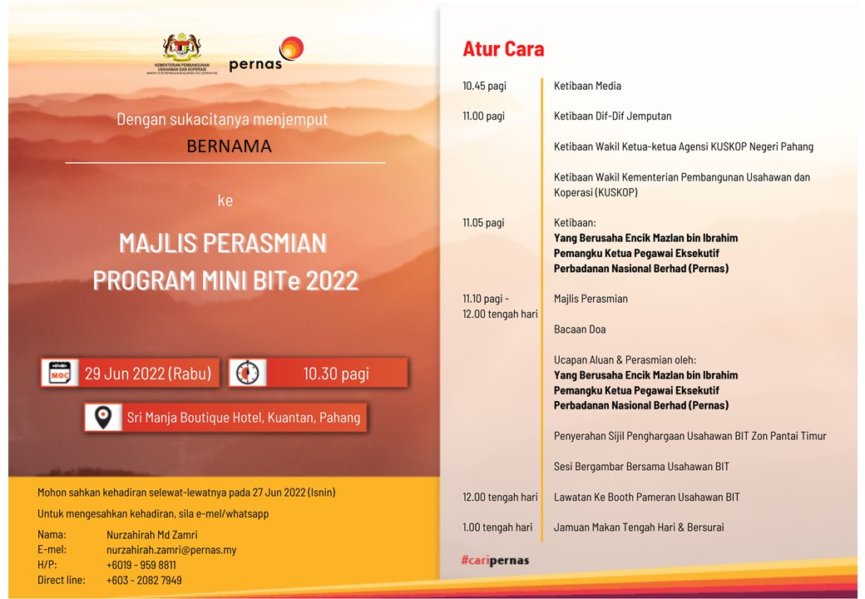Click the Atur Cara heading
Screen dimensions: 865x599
click(503, 49)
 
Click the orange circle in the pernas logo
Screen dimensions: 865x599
click(291, 48)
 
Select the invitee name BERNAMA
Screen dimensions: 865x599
click(229, 146)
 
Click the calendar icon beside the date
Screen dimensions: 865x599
click(60, 374)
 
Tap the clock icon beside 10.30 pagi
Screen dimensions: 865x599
click(248, 374)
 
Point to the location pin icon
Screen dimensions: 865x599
click(103, 418)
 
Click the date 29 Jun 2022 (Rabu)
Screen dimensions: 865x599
click(148, 374)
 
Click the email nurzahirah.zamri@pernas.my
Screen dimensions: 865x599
click(171, 550)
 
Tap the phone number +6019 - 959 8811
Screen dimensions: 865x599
click(141, 565)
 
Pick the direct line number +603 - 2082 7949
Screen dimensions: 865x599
click(144, 580)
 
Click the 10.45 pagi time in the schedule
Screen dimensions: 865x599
click(484, 86)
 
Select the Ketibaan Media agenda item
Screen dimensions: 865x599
click(587, 86)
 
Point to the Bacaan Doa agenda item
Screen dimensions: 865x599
click(580, 329)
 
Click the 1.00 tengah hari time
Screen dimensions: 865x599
click(497, 527)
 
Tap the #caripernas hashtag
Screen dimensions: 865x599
click(496, 561)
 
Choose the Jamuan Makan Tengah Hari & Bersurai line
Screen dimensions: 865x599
click(639, 527)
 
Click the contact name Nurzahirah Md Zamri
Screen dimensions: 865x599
click(151, 534)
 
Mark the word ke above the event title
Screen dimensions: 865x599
click(225, 200)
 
